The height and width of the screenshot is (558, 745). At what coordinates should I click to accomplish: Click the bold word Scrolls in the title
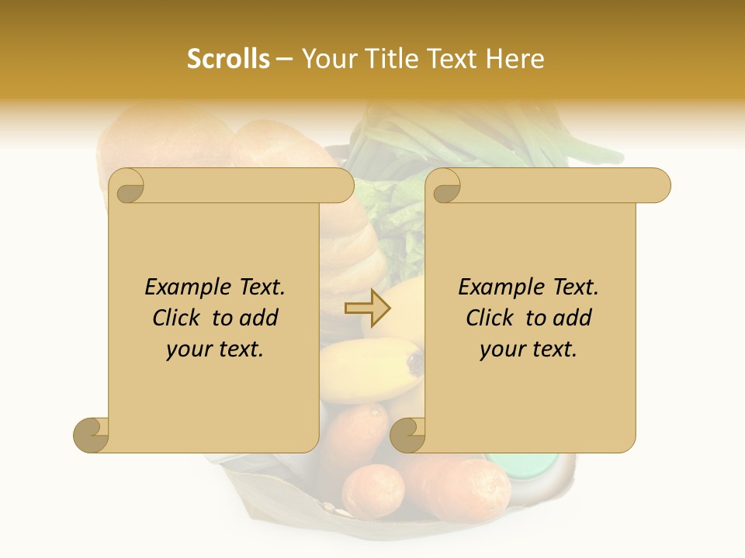pyautogui.click(x=228, y=59)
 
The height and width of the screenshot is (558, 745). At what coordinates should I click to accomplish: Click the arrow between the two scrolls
pyautogui.click(x=368, y=308)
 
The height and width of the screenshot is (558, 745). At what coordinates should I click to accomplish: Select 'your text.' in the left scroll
pyautogui.click(x=214, y=350)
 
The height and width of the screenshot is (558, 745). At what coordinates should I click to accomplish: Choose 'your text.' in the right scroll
pyautogui.click(x=528, y=350)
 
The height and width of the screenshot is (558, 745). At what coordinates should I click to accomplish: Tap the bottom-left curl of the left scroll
pyautogui.click(x=92, y=435)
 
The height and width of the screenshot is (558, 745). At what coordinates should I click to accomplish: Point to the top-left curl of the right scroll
pyautogui.click(x=445, y=187)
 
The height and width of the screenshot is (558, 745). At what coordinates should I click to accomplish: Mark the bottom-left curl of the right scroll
pyautogui.click(x=407, y=435)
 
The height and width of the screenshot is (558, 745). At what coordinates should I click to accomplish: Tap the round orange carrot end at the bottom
pyautogui.click(x=373, y=491)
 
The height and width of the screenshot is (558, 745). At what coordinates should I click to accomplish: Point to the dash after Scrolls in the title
pyautogui.click(x=285, y=59)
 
